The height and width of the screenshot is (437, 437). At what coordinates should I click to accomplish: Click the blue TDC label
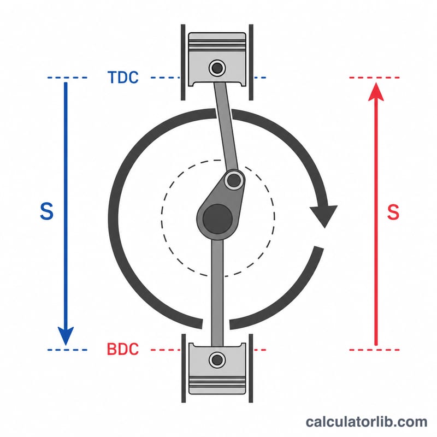click(123, 77)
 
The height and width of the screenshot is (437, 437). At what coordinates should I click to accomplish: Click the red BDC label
click(122, 349)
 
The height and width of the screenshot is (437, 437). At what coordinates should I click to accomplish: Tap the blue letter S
click(46, 211)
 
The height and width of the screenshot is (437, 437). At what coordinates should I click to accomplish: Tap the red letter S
click(393, 212)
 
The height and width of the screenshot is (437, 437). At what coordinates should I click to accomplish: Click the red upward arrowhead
click(376, 91)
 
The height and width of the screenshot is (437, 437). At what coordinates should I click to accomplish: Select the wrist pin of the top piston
click(217, 68)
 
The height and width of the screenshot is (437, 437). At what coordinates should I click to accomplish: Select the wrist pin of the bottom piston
click(217, 360)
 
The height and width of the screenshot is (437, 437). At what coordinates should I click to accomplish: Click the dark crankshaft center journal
click(217, 218)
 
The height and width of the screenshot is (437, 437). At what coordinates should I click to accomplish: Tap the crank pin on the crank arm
click(234, 181)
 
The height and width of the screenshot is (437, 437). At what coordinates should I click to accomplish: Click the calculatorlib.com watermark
click(366, 422)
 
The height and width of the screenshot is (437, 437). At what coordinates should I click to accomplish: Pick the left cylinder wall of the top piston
click(183, 62)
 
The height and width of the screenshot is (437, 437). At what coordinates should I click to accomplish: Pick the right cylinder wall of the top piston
click(251, 62)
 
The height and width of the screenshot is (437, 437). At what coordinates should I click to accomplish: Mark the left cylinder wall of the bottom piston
click(184, 368)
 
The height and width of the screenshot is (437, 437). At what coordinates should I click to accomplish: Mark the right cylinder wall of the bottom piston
click(251, 368)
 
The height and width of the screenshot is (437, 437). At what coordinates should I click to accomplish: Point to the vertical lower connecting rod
click(217, 293)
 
